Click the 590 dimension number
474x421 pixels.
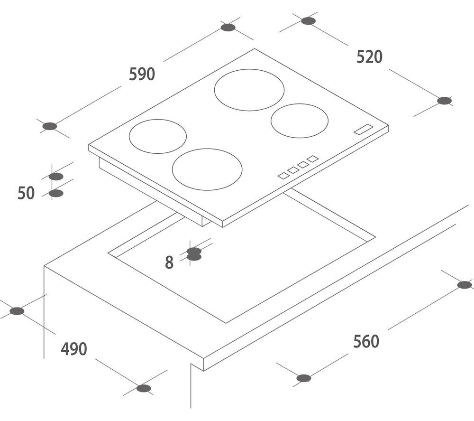click(x=142, y=74)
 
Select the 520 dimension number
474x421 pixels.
click(x=369, y=57)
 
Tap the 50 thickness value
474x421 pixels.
click(x=26, y=193)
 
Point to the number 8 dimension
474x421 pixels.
click(x=169, y=262)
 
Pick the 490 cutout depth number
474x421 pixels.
click(x=74, y=349)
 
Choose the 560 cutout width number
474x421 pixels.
click(x=366, y=341)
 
